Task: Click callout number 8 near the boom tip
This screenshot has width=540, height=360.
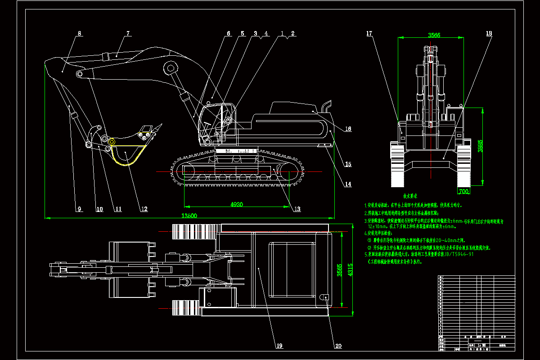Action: pos(79,34)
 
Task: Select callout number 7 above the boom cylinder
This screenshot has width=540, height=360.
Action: pos(128,34)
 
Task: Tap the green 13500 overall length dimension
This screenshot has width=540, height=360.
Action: pos(189,216)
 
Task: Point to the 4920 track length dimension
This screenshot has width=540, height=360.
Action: pos(237,204)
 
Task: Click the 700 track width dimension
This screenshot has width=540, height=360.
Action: pos(463,191)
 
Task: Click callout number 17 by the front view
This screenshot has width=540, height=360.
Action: pos(369,34)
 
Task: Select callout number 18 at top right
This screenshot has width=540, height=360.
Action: pos(489,34)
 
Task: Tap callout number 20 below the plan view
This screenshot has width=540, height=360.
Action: pos(338,346)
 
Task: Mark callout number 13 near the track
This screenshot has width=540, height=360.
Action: pos(297,208)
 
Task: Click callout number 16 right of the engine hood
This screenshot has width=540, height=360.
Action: pos(348,129)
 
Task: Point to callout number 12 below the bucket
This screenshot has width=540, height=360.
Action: pos(144,209)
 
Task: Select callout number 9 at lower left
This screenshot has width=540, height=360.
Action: pos(79,209)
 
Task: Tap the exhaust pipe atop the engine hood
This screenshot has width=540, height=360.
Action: pos(326,107)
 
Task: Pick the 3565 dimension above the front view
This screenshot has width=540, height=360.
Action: pos(434,35)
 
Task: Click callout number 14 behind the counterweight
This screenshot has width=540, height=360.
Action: pos(348,184)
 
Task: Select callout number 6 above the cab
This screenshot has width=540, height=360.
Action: pos(228,34)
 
